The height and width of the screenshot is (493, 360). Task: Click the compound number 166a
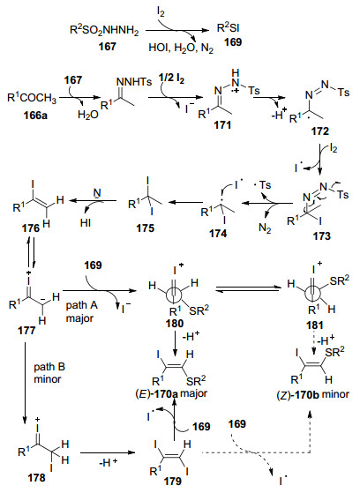click(x=35, y=115)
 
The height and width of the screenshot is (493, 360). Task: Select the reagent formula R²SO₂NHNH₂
click(x=104, y=31)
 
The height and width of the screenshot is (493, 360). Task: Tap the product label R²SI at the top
click(x=229, y=27)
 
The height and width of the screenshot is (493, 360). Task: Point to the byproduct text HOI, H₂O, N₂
click(x=181, y=49)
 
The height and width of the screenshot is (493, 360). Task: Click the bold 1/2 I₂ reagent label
click(x=171, y=78)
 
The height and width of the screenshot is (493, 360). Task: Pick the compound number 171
click(x=222, y=124)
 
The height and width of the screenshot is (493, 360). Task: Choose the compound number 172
click(x=319, y=131)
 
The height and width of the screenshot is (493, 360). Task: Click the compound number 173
click(x=321, y=235)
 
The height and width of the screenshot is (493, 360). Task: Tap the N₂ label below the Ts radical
click(x=265, y=228)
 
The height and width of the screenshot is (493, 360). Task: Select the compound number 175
click(x=146, y=228)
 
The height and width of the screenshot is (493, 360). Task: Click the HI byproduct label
click(x=86, y=222)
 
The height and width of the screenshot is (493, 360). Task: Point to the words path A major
click(x=81, y=311)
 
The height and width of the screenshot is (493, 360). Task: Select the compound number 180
click(x=174, y=323)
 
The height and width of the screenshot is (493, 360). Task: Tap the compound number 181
click(x=315, y=325)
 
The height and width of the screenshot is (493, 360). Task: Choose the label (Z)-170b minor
click(x=313, y=394)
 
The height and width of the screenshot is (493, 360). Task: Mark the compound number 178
click(x=36, y=478)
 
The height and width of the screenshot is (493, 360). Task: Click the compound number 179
click(x=172, y=481)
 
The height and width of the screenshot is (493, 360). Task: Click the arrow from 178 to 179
click(x=108, y=452)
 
